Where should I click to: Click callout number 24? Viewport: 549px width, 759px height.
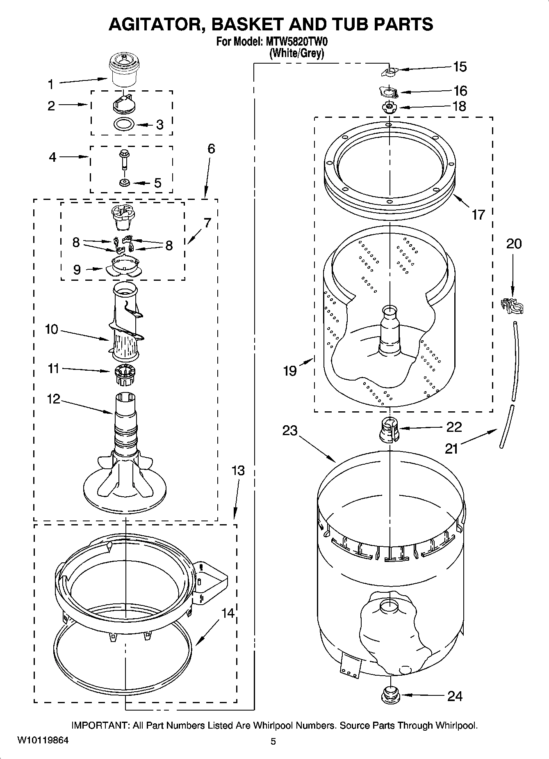click(455, 696)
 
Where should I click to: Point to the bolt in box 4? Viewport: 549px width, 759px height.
click(123, 159)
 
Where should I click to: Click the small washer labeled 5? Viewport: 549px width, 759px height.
click(124, 182)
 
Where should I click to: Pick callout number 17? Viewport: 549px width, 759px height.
click(478, 214)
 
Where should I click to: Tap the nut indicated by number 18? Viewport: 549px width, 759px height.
click(389, 107)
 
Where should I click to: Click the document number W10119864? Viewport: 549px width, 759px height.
click(43, 740)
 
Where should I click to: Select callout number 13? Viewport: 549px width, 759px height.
click(238, 470)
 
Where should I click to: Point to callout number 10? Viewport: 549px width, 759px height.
click(51, 329)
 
